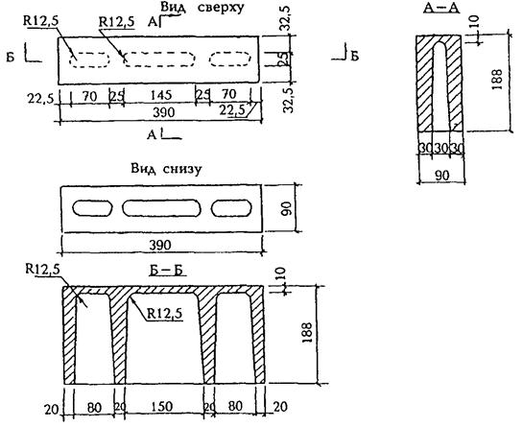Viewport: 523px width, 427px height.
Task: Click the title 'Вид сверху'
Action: click(x=202, y=8)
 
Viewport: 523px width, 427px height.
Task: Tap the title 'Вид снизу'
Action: click(x=166, y=169)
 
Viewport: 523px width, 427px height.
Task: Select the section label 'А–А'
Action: click(x=441, y=8)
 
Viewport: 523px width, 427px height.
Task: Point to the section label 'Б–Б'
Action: click(x=167, y=271)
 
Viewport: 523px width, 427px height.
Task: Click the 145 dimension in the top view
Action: click(x=161, y=95)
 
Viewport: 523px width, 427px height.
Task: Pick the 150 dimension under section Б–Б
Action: click(x=161, y=407)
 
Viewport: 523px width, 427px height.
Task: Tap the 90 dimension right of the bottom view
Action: click(x=288, y=208)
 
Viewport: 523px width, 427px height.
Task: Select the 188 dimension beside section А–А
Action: click(x=497, y=79)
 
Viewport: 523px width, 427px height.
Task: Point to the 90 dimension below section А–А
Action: click(x=442, y=176)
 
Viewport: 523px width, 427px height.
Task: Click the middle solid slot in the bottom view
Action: click(x=161, y=208)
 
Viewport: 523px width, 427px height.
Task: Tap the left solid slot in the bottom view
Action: click(x=92, y=208)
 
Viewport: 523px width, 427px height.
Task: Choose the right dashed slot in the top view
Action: click(x=230, y=59)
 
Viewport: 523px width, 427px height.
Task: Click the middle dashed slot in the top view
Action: click(x=159, y=59)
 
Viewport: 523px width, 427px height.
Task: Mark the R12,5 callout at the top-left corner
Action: click(x=40, y=21)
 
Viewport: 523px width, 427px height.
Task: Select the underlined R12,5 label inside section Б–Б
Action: click(x=165, y=314)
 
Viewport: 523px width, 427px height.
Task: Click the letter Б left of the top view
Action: click(x=11, y=57)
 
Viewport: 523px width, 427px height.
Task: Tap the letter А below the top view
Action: click(x=152, y=134)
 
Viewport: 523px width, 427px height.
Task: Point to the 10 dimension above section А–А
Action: click(x=475, y=22)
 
